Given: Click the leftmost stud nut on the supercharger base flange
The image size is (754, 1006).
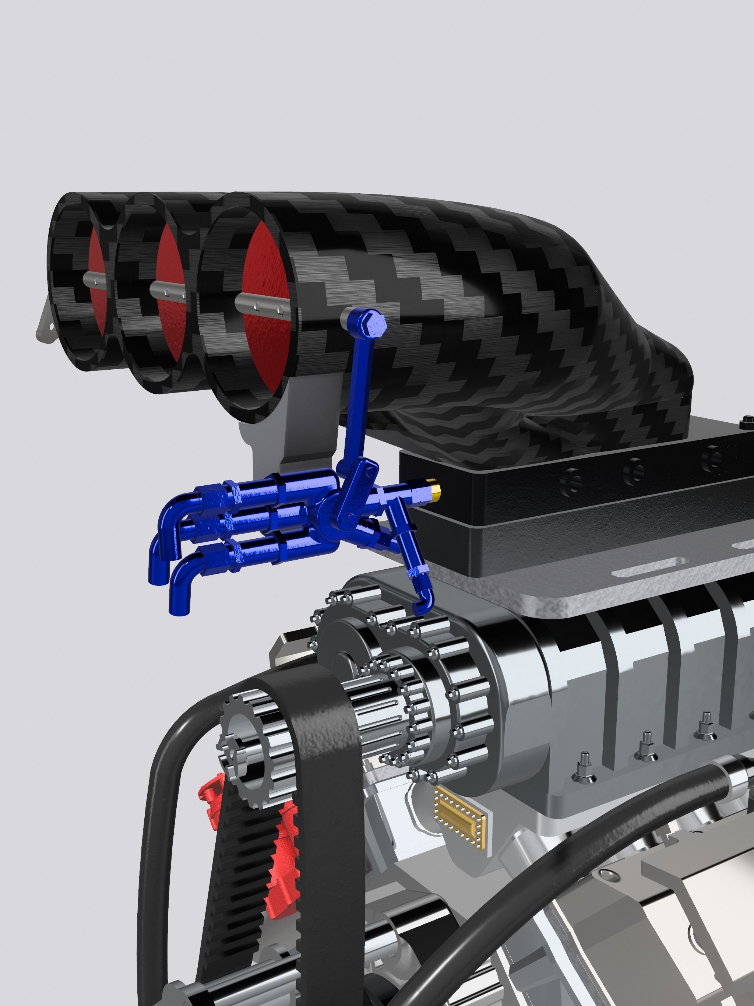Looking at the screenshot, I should tap(584, 768).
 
